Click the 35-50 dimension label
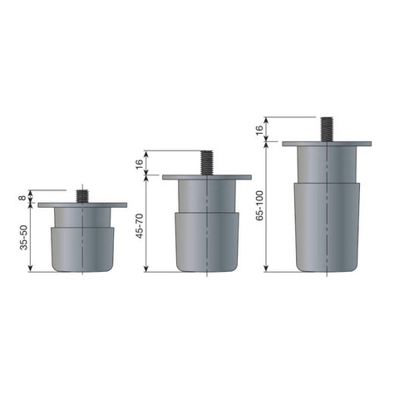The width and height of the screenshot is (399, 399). (24, 238)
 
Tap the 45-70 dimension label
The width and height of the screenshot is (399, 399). (140, 226)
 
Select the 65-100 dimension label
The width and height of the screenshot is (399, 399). (259, 205)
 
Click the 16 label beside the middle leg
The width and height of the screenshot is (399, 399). (140, 164)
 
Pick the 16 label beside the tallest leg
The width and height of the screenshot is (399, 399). (259, 131)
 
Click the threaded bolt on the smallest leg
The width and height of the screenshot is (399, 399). (82, 196)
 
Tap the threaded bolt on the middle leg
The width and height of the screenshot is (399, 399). (207, 163)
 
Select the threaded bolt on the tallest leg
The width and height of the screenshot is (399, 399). (327, 130)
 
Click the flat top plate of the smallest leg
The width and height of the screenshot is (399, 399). (82, 205)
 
